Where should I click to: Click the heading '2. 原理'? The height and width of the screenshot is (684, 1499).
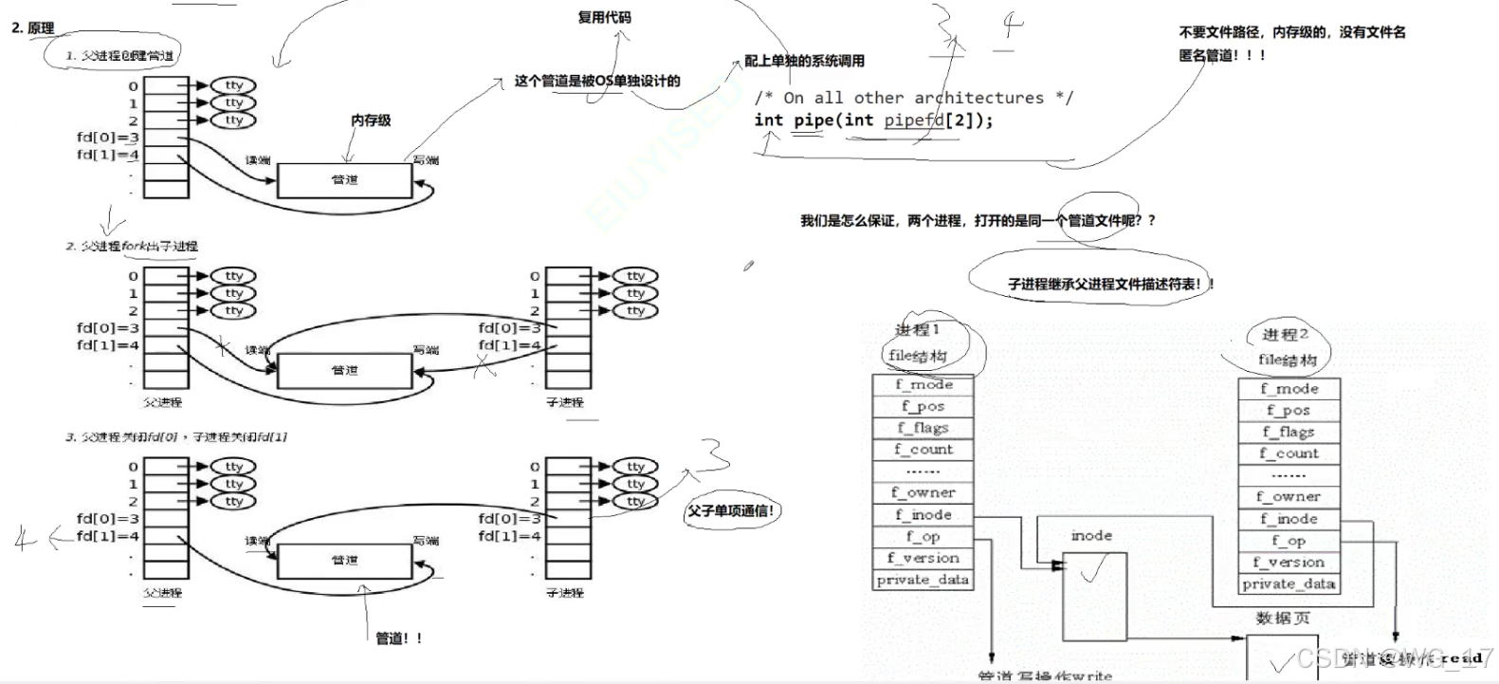click(x=33, y=28)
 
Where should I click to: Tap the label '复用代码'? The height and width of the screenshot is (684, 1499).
click(x=604, y=17)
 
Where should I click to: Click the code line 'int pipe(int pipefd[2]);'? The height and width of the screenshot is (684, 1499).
click(x=873, y=120)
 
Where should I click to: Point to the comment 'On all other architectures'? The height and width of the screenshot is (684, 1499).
click(x=913, y=98)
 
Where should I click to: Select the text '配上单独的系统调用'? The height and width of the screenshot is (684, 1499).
click(x=804, y=61)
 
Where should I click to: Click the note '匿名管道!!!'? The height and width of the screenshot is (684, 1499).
click(x=1221, y=55)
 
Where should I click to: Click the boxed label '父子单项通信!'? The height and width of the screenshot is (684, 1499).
click(x=731, y=511)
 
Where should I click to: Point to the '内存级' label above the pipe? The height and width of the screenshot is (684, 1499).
click(x=371, y=120)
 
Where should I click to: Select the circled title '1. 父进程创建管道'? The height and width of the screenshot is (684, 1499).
click(x=119, y=55)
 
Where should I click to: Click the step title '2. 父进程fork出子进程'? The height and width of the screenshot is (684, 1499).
click(x=132, y=246)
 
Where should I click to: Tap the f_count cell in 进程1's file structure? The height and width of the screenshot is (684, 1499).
click(x=923, y=450)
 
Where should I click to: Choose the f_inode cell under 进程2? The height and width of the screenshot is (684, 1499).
click(x=1289, y=519)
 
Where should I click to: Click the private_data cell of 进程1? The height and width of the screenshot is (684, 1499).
click(x=923, y=580)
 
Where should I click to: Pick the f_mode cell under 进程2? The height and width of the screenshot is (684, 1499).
click(x=1289, y=389)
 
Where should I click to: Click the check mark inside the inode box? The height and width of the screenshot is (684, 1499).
click(x=1095, y=570)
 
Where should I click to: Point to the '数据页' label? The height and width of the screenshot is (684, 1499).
click(x=1283, y=619)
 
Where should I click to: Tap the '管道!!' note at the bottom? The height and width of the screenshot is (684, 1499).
click(x=399, y=638)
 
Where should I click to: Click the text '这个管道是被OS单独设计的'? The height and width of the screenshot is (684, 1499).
click(x=597, y=81)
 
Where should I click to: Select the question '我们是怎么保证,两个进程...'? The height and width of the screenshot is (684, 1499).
click(x=978, y=220)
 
